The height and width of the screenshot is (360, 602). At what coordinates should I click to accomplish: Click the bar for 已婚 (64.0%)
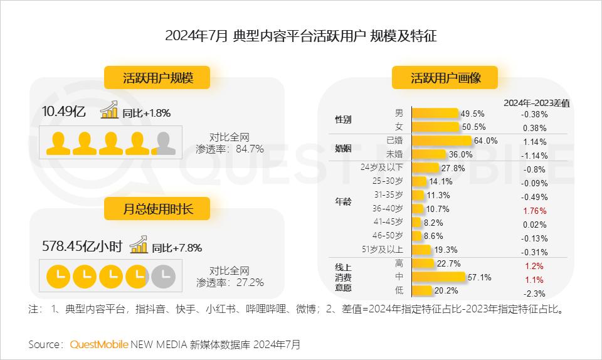click(x=441, y=140)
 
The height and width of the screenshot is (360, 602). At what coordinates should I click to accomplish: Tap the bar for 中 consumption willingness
click(x=438, y=277)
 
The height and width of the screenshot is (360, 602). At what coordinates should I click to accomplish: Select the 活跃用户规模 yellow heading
click(x=157, y=78)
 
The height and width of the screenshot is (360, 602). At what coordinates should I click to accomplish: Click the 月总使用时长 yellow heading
click(x=157, y=209)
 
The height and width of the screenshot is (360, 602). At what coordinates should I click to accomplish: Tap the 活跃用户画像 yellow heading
click(x=445, y=78)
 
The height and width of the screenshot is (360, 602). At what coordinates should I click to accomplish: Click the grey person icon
click(x=164, y=144)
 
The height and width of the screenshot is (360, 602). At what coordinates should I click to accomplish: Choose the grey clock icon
click(x=164, y=275)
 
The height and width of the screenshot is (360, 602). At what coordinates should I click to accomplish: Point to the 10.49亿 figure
click(x=63, y=112)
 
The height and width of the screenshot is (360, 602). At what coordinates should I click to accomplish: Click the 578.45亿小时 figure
click(x=82, y=246)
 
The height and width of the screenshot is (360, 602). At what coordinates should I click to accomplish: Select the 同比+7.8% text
click(x=177, y=248)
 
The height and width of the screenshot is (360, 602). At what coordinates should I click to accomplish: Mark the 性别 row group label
click(x=344, y=120)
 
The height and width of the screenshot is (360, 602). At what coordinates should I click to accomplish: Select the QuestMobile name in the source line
click(x=99, y=344)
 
